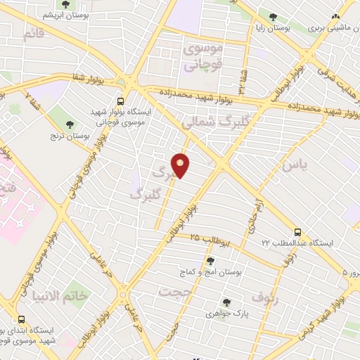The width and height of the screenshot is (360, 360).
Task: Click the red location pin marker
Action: tap(181, 165)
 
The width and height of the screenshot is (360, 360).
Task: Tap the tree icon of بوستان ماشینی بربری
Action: tap(335, 16)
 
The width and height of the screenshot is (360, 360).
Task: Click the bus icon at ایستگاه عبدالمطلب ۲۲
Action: tap(297, 231)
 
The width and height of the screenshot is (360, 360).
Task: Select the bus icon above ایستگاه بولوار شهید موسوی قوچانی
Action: tap(121, 101)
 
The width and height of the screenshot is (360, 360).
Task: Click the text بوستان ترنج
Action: tap(69, 134)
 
